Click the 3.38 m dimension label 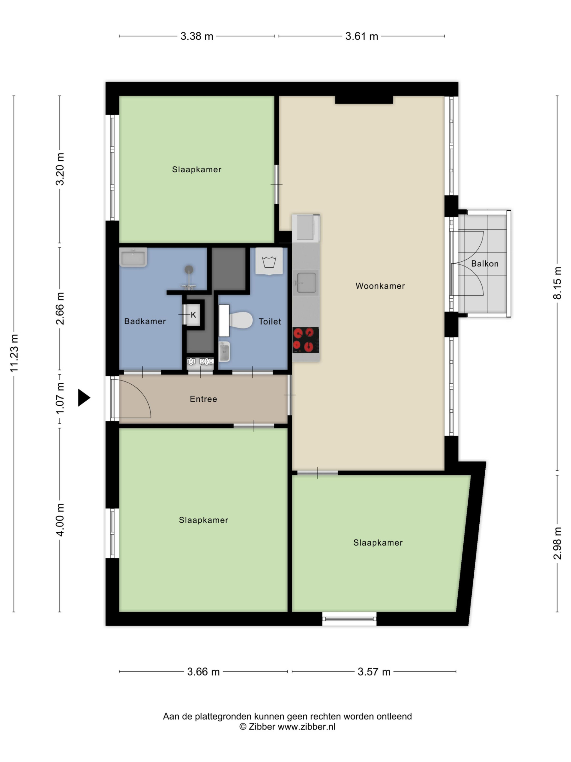pyautogui.click(x=197, y=36)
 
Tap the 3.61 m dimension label pyautogui.click(x=362, y=36)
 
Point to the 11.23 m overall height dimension pyautogui.click(x=14, y=353)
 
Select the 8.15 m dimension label pyautogui.click(x=557, y=283)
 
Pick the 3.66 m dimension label pyautogui.click(x=203, y=672)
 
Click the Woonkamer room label pyautogui.click(x=380, y=286)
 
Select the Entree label pyautogui.click(x=203, y=399)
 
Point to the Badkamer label pyautogui.click(x=145, y=321)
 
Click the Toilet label pyautogui.click(x=270, y=321)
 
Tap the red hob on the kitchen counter pyautogui.click(x=306, y=340)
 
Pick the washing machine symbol pyautogui.click(x=269, y=261)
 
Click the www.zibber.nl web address pyautogui.click(x=306, y=727)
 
